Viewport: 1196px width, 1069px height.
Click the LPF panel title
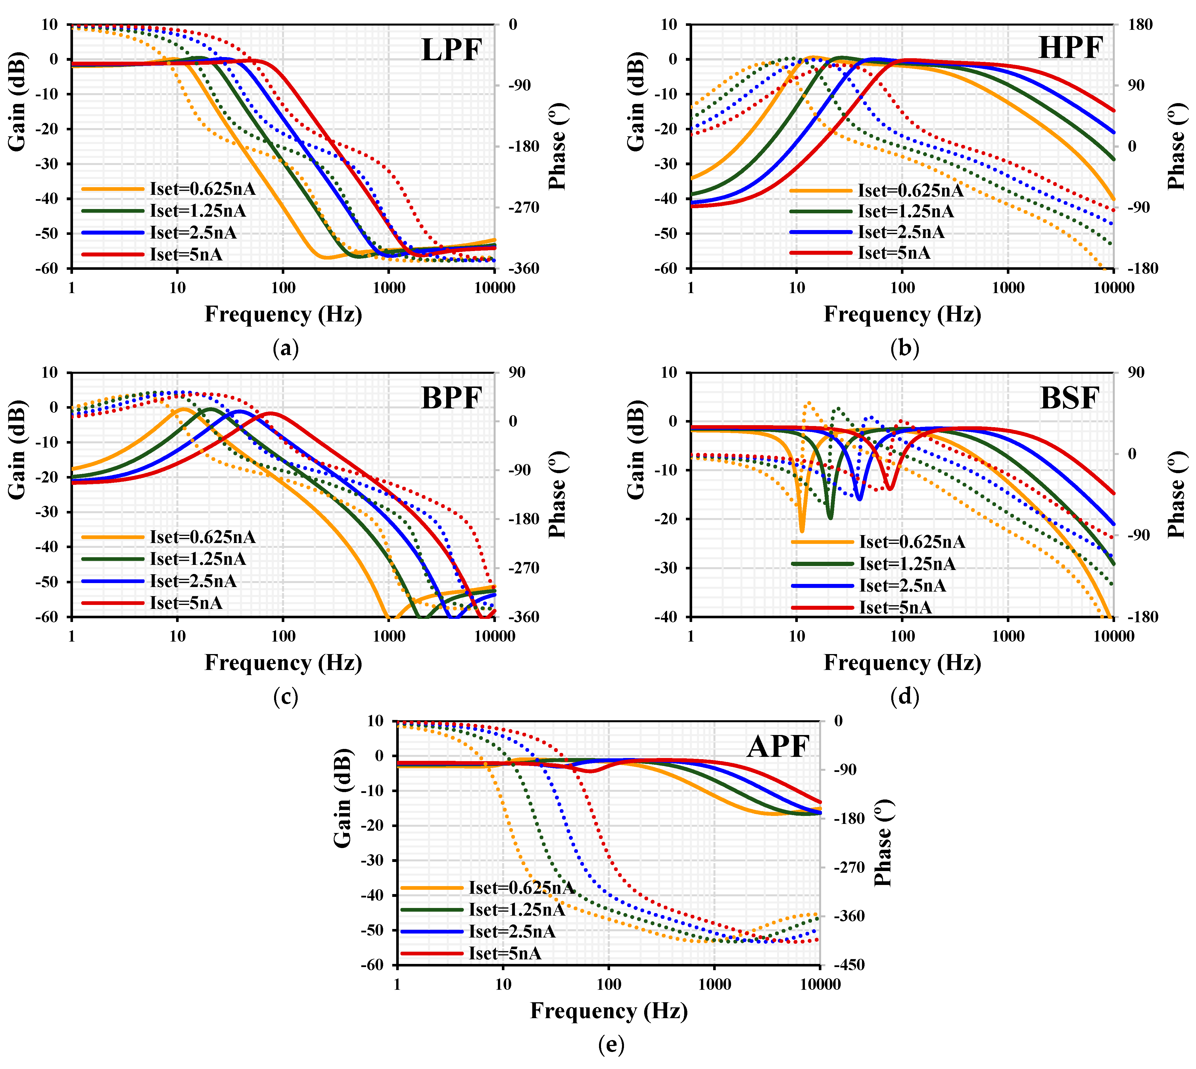(x=451, y=50)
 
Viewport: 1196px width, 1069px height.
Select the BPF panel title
(x=451, y=398)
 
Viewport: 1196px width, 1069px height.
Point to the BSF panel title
(x=1069, y=398)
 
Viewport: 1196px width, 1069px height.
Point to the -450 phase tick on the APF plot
(x=849, y=965)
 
